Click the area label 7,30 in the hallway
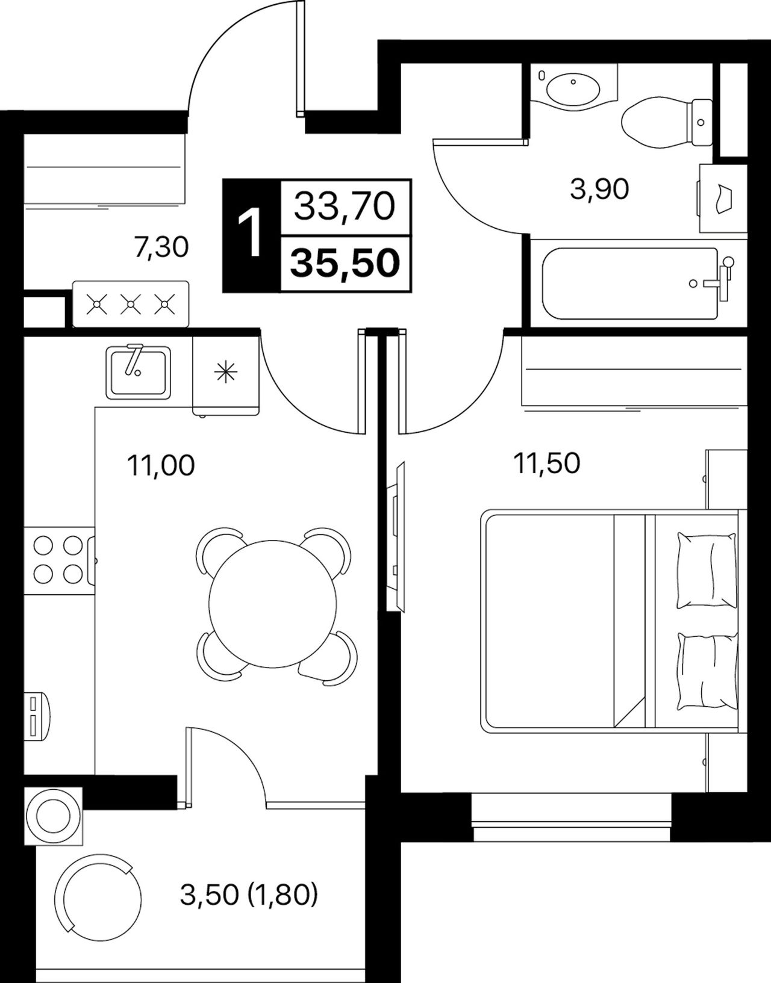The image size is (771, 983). tap(161, 248)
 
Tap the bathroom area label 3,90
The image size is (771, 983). tap(599, 188)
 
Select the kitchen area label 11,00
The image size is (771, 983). tap(161, 465)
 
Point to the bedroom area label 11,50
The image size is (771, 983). tap(546, 463)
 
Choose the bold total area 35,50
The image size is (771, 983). tap(345, 262)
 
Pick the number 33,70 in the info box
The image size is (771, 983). tap(345, 206)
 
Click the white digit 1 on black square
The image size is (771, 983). tap(250, 235)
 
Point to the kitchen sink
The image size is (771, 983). tap(139, 372)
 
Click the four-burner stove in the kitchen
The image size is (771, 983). tap(59, 560)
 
